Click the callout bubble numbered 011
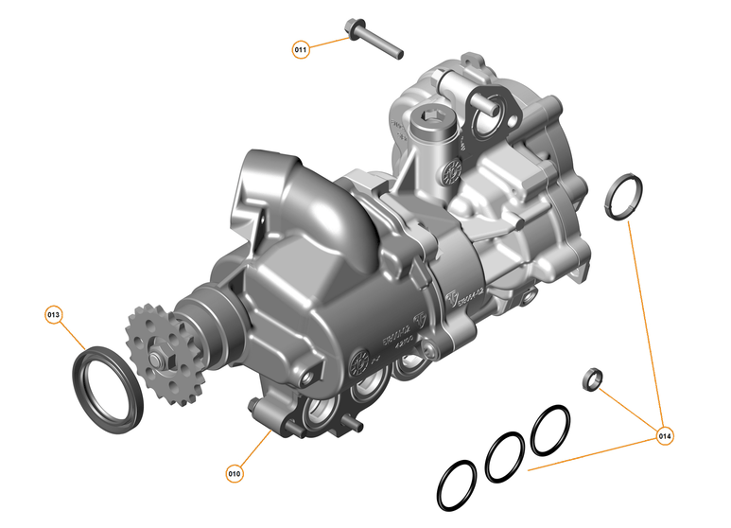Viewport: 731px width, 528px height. [x=301, y=48]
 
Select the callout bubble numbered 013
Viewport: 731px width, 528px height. [x=54, y=313]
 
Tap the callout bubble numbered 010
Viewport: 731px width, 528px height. [x=235, y=470]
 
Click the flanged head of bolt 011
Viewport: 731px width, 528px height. [x=357, y=30]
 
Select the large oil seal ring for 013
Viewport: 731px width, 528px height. [x=108, y=387]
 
